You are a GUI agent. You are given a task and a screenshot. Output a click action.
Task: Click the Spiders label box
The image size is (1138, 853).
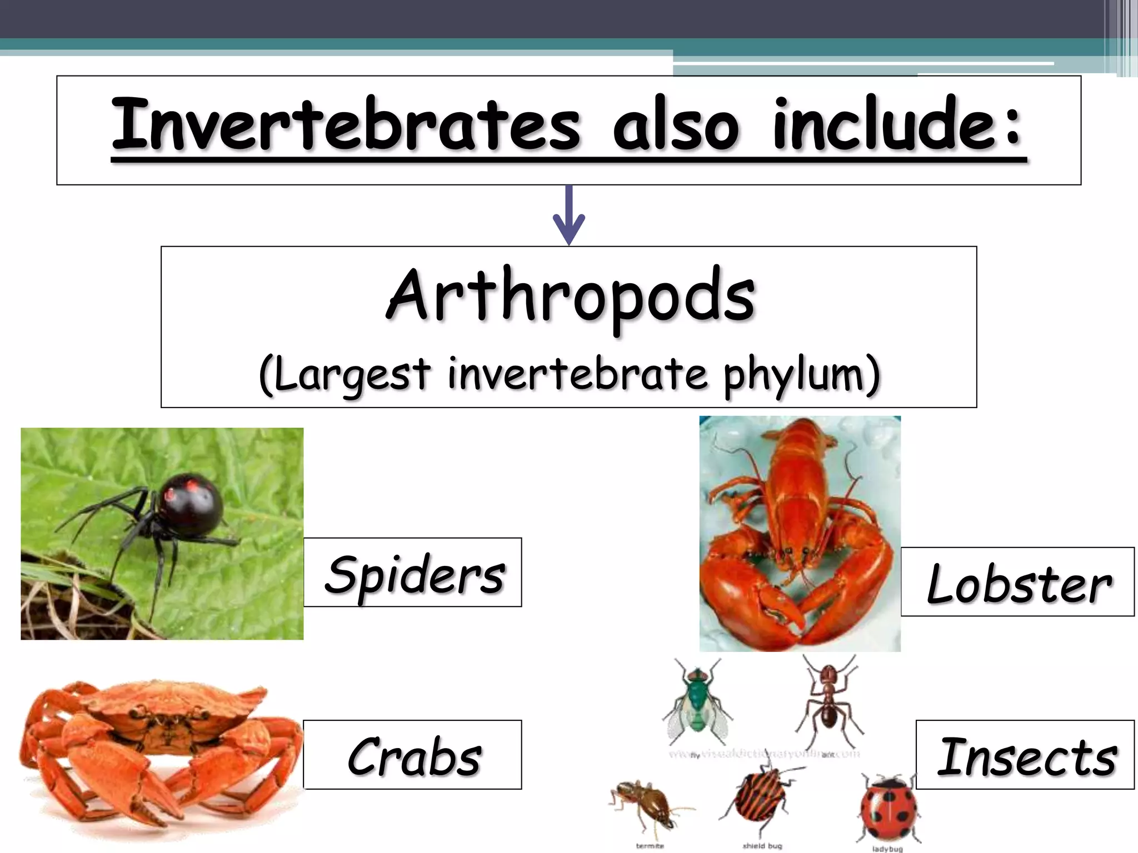click(x=413, y=573)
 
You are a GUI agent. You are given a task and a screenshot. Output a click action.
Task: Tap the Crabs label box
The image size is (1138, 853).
click(x=413, y=755)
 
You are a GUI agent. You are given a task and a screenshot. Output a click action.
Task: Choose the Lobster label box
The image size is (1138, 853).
click(x=1017, y=582)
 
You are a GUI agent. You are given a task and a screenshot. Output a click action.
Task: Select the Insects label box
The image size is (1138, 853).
click(x=1025, y=755)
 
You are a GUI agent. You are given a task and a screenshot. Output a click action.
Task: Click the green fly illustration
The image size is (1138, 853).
click(x=696, y=701)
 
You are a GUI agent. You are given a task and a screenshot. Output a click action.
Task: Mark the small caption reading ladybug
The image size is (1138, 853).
click(x=887, y=849)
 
